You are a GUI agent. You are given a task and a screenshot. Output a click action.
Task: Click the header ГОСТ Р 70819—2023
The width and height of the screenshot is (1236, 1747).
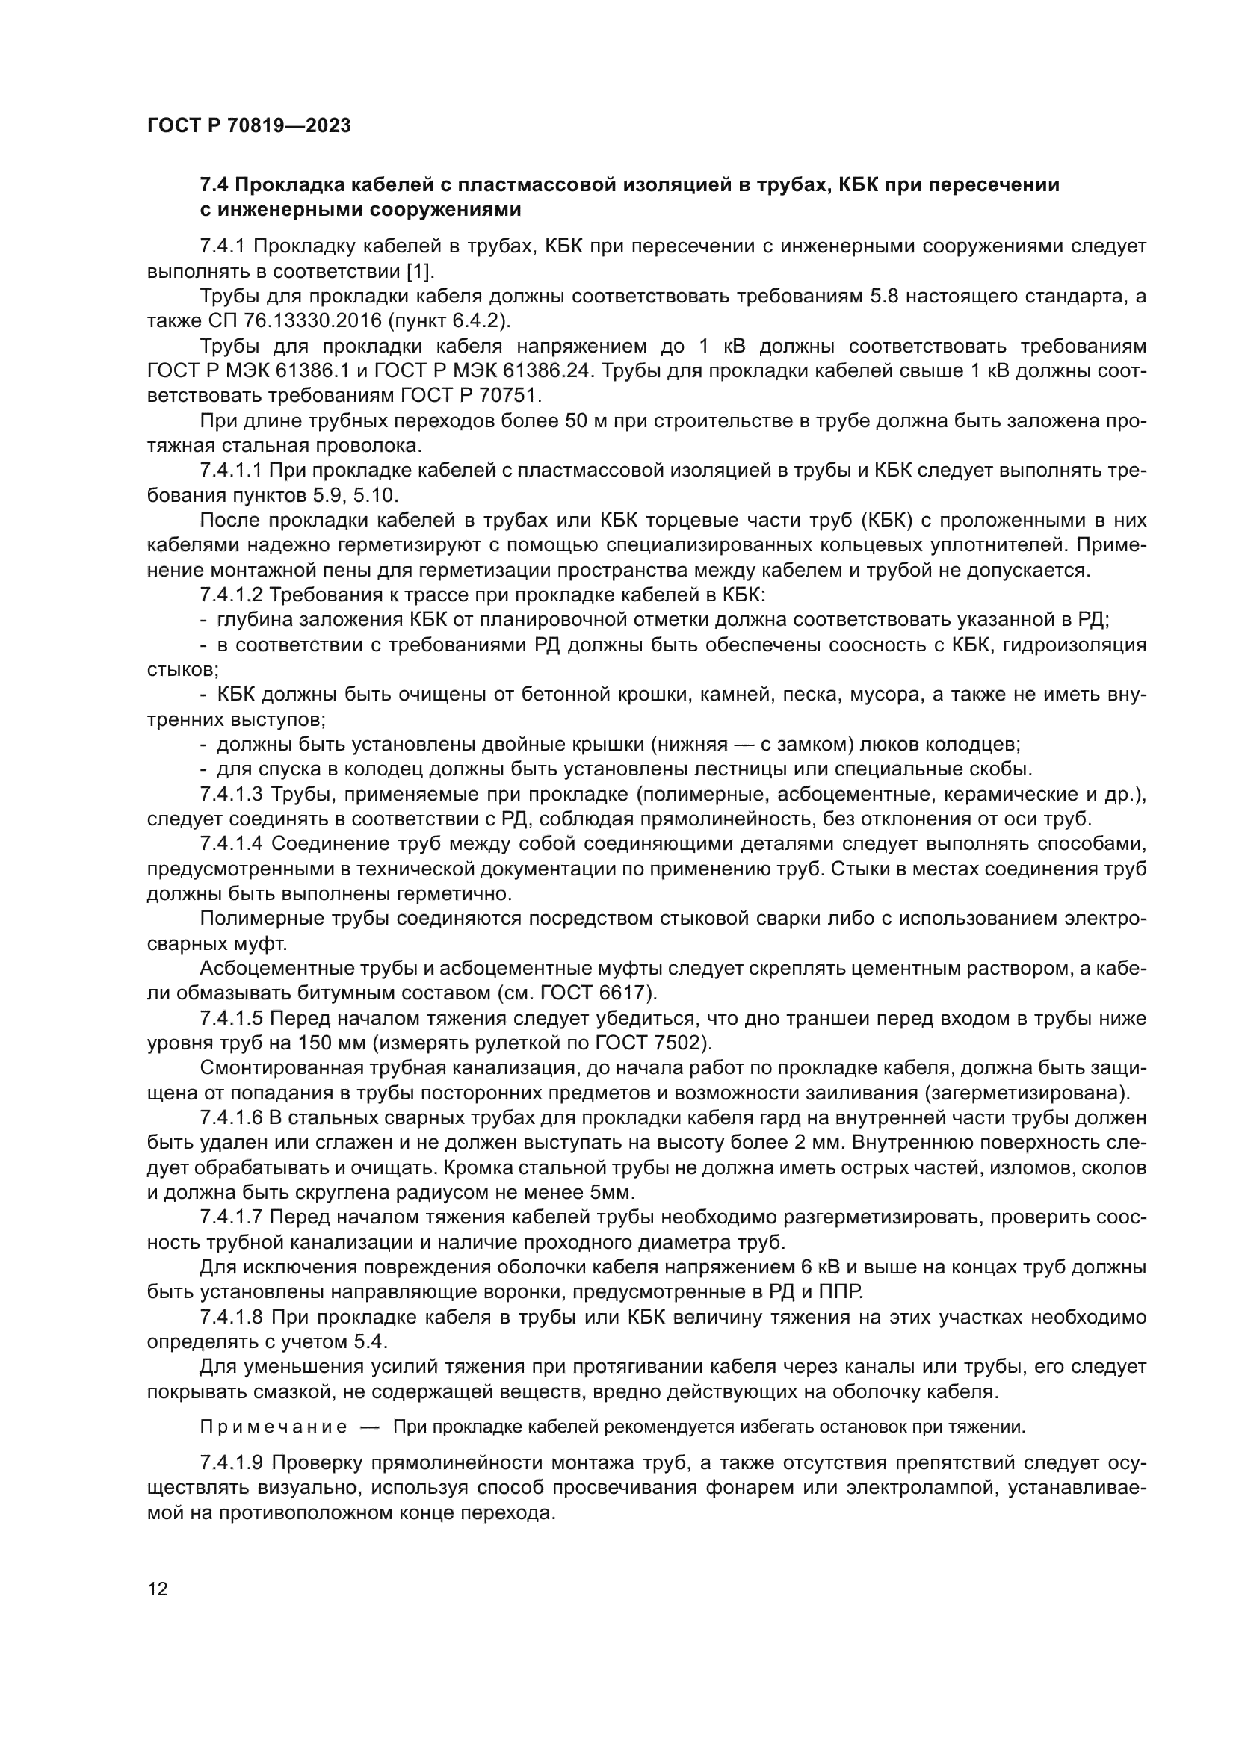[249, 126]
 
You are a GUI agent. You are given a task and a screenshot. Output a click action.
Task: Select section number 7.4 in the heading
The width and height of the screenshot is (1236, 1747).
[214, 185]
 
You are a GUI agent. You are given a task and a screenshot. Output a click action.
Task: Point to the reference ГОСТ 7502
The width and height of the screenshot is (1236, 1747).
[646, 1043]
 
